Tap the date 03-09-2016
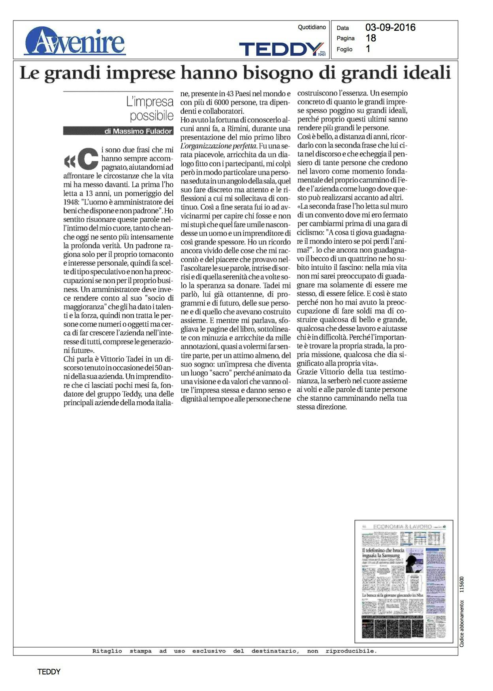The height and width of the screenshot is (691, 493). click(x=390, y=27)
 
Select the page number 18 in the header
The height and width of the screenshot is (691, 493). click(x=371, y=38)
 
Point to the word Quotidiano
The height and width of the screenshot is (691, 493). click(x=312, y=27)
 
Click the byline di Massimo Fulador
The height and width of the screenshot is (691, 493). click(x=138, y=131)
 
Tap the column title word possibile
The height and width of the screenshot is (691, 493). click(x=152, y=116)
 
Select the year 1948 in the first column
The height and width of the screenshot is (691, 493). click(x=72, y=202)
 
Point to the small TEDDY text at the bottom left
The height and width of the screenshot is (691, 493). click(x=49, y=672)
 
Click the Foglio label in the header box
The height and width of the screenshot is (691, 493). click(x=344, y=49)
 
